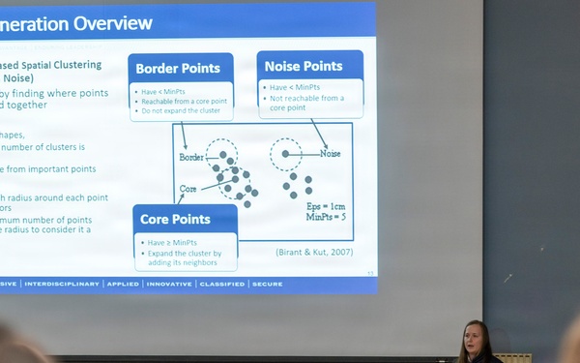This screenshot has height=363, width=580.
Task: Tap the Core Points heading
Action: click(x=175, y=220)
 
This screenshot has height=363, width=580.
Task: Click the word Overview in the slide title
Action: click(x=106, y=23)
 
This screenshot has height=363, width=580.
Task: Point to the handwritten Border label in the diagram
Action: click(x=191, y=156)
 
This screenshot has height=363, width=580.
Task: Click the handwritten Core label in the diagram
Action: click(x=188, y=188)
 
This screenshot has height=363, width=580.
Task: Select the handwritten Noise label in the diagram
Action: click(x=331, y=153)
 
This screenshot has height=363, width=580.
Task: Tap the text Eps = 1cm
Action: click(x=327, y=206)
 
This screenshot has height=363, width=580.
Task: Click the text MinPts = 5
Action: click(x=327, y=217)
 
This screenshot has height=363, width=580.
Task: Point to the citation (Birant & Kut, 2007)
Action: click(x=314, y=253)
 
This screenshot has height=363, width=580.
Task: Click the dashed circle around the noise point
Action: click(x=285, y=153)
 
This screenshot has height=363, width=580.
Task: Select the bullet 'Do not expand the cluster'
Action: click(x=182, y=111)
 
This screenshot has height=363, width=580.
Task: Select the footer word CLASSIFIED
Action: click(x=222, y=285)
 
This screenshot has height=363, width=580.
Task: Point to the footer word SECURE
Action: click(x=270, y=285)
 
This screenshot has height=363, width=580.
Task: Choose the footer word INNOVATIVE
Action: click(x=170, y=285)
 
